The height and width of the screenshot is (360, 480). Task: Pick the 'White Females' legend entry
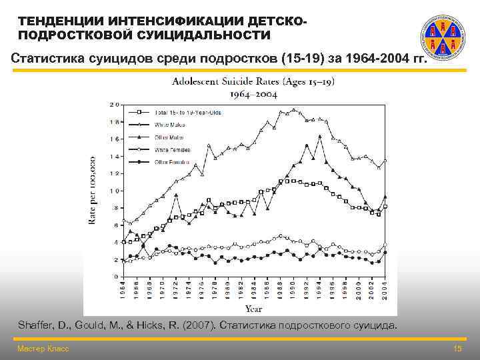point(170,150)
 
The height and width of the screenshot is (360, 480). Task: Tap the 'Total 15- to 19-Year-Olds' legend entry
point(188,112)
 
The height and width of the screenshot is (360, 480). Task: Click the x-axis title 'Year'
point(253,309)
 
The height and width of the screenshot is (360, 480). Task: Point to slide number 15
point(457,349)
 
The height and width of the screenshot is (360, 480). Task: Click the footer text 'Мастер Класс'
point(43,349)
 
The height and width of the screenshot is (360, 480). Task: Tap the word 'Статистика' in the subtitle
point(46,57)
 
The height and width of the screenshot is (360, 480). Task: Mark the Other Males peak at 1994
point(320,137)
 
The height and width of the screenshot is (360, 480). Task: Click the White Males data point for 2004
point(385,161)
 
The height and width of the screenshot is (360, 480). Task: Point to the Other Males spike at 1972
point(175,195)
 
